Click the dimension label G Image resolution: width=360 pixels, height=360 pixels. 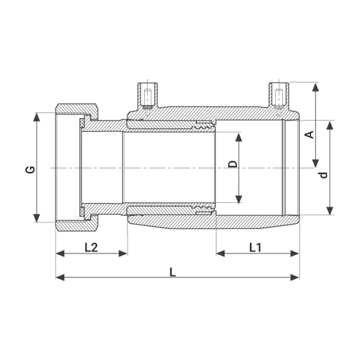point(31,170)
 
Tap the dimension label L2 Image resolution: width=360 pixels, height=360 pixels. point(91,248)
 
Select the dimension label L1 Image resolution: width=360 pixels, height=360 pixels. point(256,248)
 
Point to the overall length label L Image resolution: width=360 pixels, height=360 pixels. point(173,272)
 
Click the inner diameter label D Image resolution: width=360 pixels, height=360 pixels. point(233,164)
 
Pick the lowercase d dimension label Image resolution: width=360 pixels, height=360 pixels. point(324,175)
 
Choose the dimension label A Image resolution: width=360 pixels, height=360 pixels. point(310,135)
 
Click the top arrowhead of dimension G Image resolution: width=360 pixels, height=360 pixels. point(37,117)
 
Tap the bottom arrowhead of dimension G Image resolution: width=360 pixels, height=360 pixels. point(37,218)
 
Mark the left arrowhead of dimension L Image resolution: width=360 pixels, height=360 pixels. point(60,277)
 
